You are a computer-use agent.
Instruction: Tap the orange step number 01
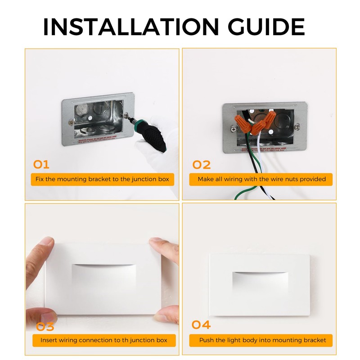[x=41, y=164]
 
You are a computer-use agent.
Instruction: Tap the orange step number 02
[x=201, y=165]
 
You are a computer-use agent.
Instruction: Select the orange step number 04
[x=201, y=325]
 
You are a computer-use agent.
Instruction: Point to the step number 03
[x=45, y=326]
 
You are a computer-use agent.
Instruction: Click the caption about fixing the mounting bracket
[x=103, y=179]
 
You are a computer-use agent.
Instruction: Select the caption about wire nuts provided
[x=262, y=179]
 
